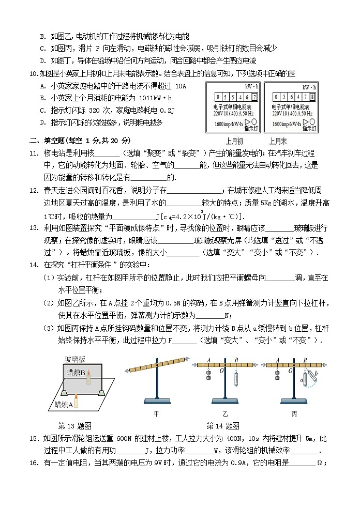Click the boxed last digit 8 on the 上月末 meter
(313, 97)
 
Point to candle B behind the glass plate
(88, 377)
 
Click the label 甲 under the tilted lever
(157, 413)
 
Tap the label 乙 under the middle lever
(224, 413)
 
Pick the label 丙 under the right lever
(294, 413)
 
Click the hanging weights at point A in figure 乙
(208, 374)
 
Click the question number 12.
(34, 191)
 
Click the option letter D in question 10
(42, 122)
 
